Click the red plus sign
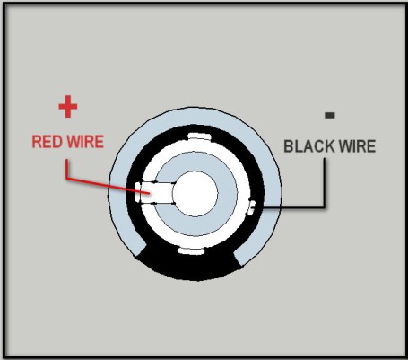[67, 107]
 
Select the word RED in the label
[46, 142]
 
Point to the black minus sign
[330, 115]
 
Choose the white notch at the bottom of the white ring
[195, 252]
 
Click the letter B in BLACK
[289, 145]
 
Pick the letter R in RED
[37, 142]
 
